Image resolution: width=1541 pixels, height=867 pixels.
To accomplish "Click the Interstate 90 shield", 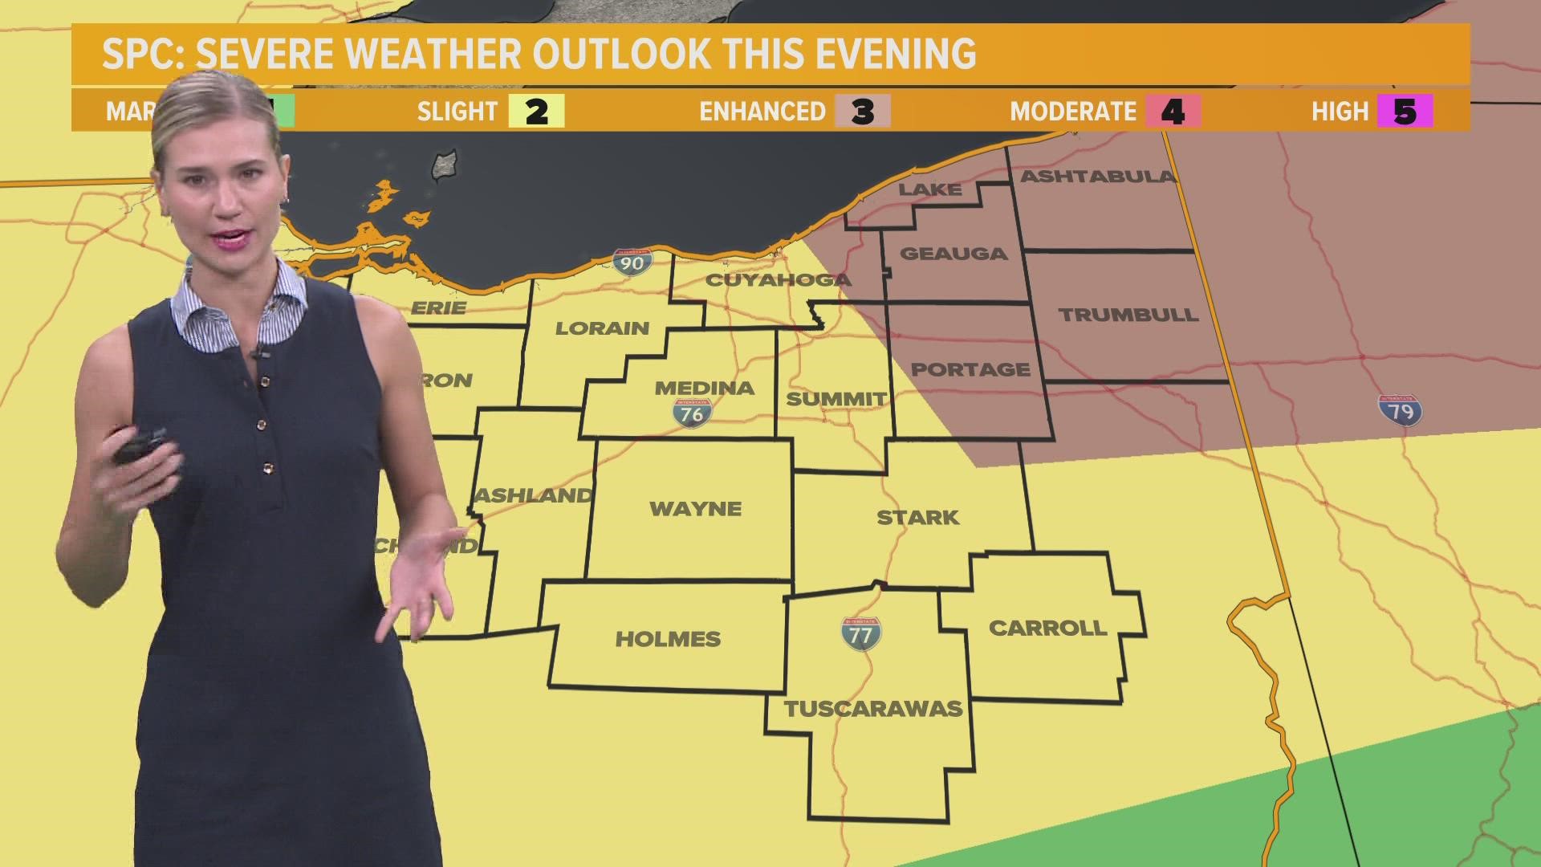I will [632, 262].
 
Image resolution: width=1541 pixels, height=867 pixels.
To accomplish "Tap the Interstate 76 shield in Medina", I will [692, 413].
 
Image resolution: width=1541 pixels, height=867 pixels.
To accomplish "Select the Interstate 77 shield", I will [860, 634].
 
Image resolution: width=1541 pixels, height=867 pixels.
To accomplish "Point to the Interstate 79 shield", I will [1401, 410].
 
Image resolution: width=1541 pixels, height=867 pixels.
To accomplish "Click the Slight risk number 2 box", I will [536, 112].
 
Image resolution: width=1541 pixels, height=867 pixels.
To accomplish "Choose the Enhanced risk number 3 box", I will [863, 112].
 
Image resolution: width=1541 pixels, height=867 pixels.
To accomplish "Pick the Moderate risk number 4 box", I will [1173, 112].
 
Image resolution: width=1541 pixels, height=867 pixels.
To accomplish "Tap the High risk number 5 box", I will [1405, 112].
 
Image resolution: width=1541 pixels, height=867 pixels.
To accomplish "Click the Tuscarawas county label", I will [873, 709].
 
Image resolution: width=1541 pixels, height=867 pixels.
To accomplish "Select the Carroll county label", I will [1047, 628].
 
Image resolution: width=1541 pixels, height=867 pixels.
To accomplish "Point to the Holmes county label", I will [668, 639].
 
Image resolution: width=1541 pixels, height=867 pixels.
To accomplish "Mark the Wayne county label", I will [695, 509].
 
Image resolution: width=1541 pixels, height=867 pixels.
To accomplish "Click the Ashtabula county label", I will [1097, 177].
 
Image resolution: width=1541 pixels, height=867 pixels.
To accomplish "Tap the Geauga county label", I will [953, 254].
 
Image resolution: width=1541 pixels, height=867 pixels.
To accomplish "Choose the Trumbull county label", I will [1128, 315].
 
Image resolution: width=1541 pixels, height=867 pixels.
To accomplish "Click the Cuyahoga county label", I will [778, 280].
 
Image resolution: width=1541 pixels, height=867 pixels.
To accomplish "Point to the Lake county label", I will [929, 189].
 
